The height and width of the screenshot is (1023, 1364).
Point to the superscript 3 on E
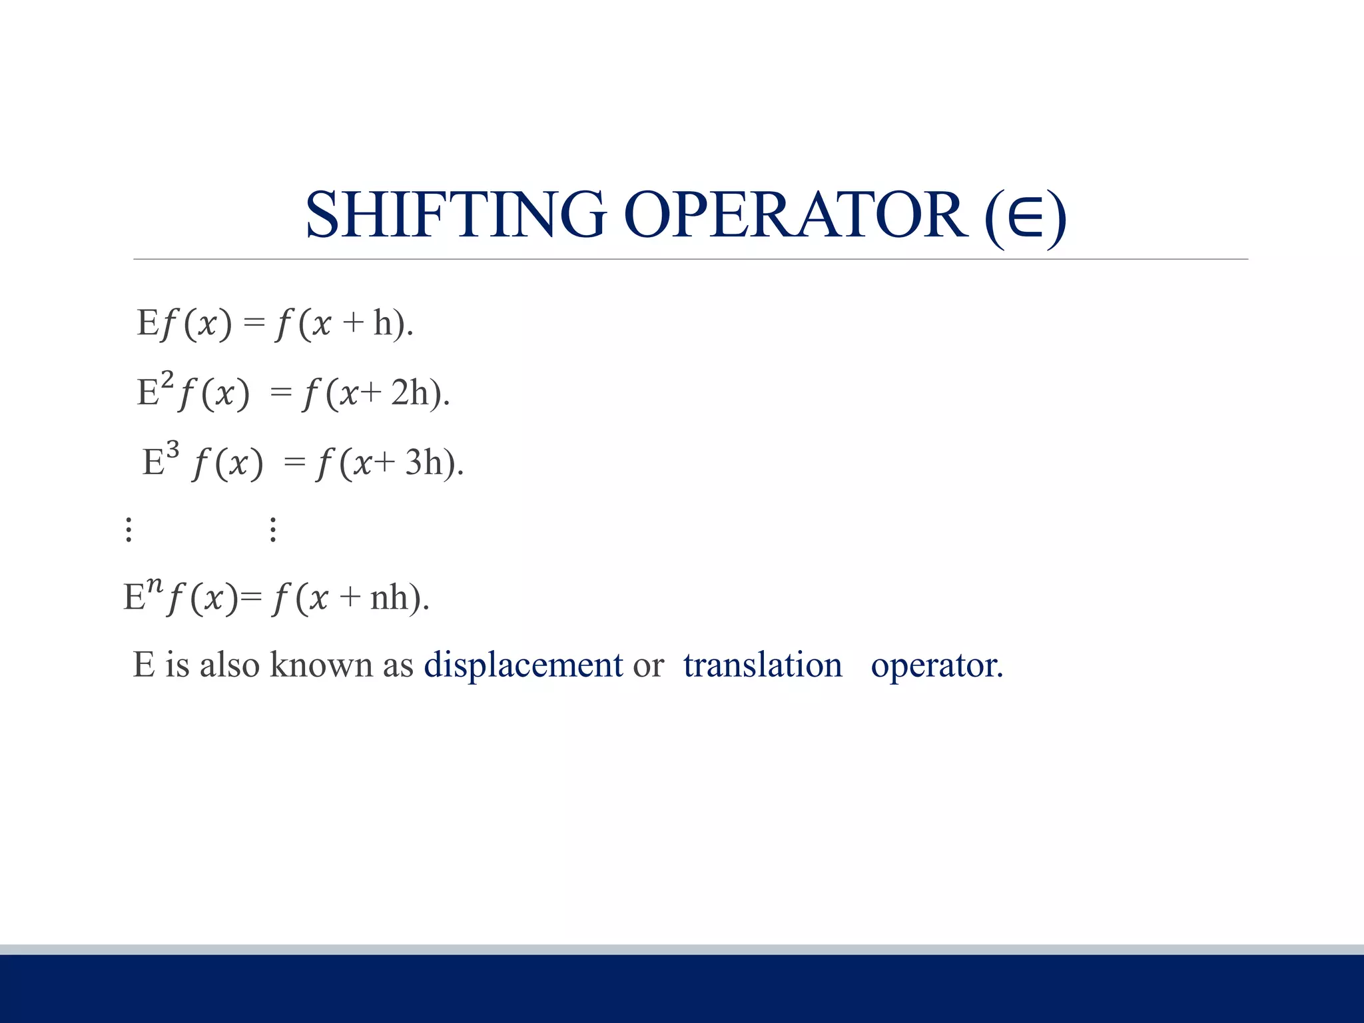click(172, 451)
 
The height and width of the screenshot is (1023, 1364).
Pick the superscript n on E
click(155, 586)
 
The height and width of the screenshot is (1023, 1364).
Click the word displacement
click(523, 665)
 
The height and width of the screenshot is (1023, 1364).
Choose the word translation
click(763, 665)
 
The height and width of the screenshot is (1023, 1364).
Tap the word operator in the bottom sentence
click(936, 665)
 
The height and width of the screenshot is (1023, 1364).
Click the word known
click(321, 665)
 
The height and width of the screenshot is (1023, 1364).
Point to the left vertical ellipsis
click(129, 529)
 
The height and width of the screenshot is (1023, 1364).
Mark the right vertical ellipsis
click(273, 529)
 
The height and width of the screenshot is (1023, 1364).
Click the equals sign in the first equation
click(254, 324)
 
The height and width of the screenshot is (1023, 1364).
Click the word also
click(229, 665)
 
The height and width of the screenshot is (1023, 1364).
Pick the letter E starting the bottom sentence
click(144, 665)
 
